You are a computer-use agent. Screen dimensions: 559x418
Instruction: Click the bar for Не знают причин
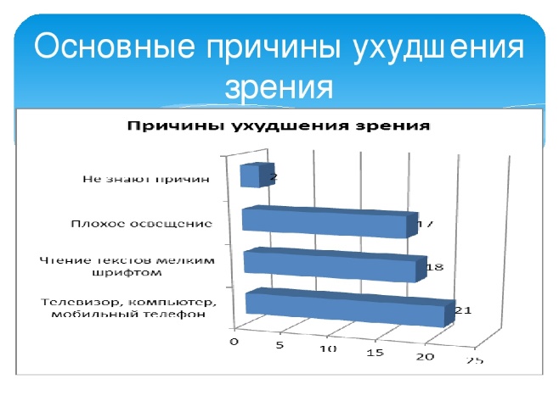257,175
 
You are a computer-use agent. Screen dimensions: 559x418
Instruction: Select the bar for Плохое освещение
330,221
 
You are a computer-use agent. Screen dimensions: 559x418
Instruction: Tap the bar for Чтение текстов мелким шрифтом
335,265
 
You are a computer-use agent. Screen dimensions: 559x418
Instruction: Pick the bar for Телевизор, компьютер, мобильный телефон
351,308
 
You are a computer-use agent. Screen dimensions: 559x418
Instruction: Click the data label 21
464,310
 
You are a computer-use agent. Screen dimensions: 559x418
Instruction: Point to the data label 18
435,267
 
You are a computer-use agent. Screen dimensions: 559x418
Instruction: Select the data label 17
426,224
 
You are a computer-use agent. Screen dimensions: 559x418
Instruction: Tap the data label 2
274,177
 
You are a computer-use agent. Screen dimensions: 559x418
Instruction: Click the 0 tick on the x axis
234,342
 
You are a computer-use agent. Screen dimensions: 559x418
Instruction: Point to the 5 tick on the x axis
279,345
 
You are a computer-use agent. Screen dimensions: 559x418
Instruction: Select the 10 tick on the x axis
328,348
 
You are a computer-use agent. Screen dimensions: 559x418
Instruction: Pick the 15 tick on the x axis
375,353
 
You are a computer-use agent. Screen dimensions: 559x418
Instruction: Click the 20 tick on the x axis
426,356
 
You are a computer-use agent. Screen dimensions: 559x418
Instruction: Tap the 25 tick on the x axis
475,360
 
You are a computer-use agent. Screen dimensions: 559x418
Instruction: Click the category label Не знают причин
146,179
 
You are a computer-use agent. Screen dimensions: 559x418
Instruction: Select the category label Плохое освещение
142,223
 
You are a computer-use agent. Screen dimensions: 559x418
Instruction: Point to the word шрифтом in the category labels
127,273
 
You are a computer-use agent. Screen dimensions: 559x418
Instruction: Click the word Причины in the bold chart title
177,126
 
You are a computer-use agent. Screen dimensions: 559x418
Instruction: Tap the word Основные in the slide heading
115,47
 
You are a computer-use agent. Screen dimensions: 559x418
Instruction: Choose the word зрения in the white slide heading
279,87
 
